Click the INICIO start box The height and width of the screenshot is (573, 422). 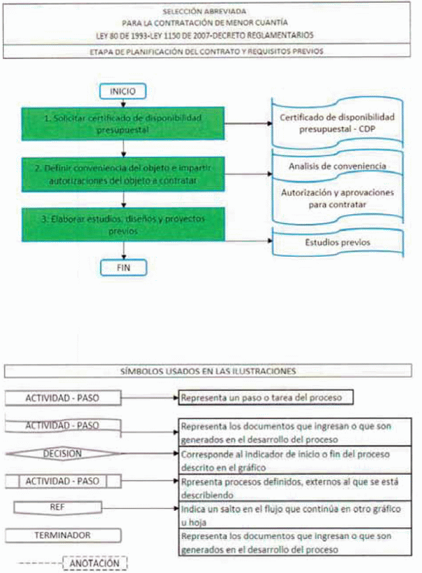coord(122,92)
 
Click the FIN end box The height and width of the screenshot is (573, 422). coord(122,267)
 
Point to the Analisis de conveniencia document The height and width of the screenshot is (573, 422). coord(337,166)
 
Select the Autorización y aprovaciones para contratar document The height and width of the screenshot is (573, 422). coord(337,198)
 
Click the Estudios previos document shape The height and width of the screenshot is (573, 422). coord(337,243)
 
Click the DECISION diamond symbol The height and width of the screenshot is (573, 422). coord(62,453)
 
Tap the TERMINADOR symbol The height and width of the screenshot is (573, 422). coord(62,536)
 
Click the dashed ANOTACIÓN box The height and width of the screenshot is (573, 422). coord(96,563)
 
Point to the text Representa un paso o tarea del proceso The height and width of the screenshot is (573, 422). coord(266,397)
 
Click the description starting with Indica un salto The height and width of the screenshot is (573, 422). coord(294,515)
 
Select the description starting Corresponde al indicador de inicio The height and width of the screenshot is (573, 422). coord(294,460)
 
